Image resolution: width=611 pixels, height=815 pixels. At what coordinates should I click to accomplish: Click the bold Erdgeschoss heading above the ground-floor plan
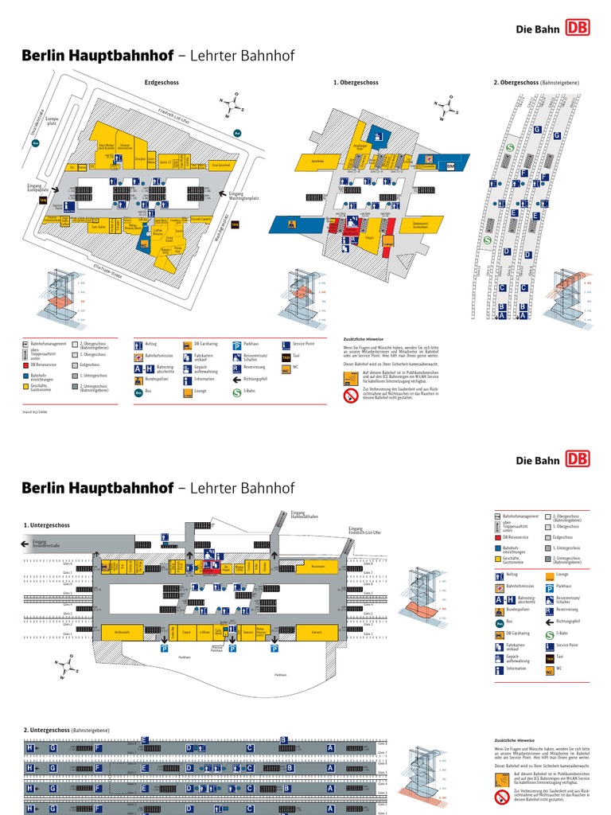pos(162,82)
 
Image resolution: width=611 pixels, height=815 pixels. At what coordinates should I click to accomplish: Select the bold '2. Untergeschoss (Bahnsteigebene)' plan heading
pos(67,730)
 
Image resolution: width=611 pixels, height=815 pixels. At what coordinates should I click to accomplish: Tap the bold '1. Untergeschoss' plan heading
pos(47,525)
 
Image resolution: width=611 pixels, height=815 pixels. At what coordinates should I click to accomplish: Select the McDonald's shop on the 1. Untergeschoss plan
pos(121,633)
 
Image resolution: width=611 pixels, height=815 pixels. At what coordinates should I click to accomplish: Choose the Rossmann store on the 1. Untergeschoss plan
pos(318,566)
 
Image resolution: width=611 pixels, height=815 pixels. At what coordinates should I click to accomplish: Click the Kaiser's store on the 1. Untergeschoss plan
pos(317,633)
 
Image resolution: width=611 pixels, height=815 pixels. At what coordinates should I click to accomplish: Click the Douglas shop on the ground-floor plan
pos(140,159)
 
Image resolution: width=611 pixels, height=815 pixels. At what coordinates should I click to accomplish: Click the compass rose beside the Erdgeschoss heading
pos(233,106)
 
